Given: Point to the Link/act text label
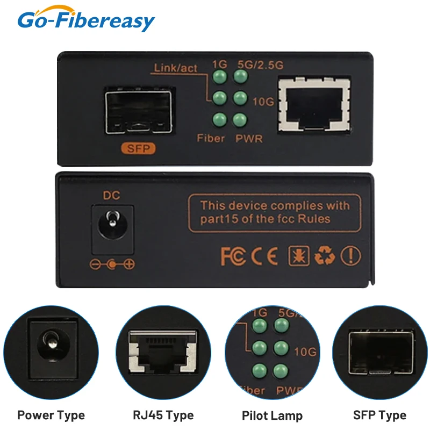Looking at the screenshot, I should pyautogui.click(x=176, y=68).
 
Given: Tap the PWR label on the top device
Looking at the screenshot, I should pyautogui.click(x=249, y=139).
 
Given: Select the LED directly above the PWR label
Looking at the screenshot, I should pyautogui.click(x=240, y=119).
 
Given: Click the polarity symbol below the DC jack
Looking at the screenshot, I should pyautogui.click(x=112, y=264).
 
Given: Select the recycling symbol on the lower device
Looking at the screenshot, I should pyautogui.click(x=324, y=256).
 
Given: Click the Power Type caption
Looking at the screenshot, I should pyautogui.click(x=51, y=415).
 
